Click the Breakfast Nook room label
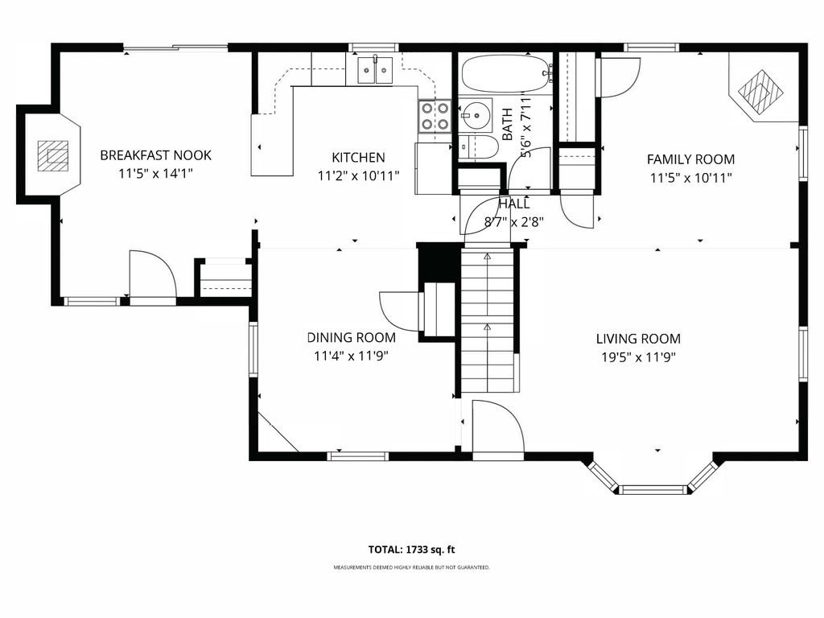[x=155, y=155]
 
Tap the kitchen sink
[x=375, y=70]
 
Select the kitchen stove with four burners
[x=435, y=116]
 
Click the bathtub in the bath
[x=505, y=75]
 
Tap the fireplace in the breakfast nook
[x=53, y=154]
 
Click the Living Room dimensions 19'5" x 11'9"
[x=638, y=356]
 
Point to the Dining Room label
[x=352, y=338]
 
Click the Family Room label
[x=690, y=159]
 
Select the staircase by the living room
[x=488, y=322]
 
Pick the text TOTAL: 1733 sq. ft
[x=412, y=550]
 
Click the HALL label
[x=514, y=204]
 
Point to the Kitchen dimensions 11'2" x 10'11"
[x=359, y=175]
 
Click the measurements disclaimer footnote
[x=412, y=568]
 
